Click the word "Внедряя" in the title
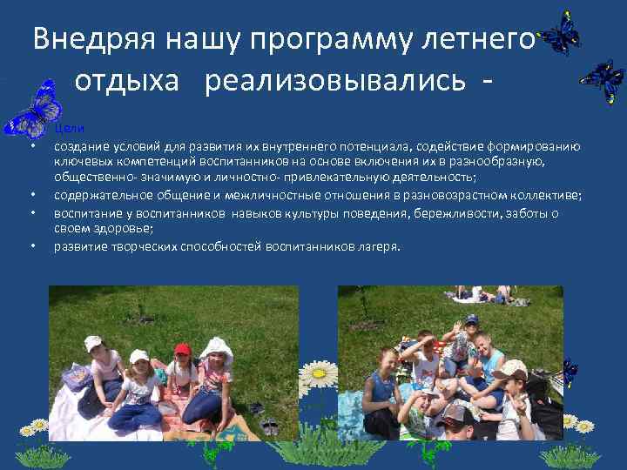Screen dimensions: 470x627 pos(83,39)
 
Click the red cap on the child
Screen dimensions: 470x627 pos(182,349)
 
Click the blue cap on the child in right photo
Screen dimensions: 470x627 pos(471,319)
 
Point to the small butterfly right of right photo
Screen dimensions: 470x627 pos(568,373)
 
